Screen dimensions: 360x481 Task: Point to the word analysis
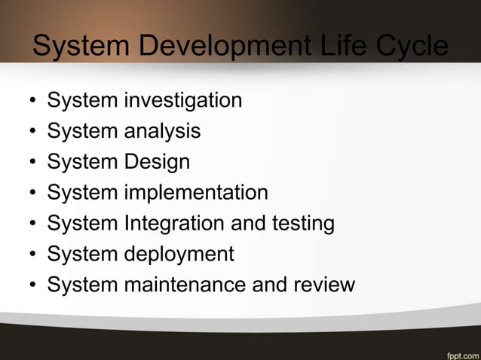(163, 131)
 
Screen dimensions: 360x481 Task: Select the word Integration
(173, 224)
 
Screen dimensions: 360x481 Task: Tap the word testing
(297, 224)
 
